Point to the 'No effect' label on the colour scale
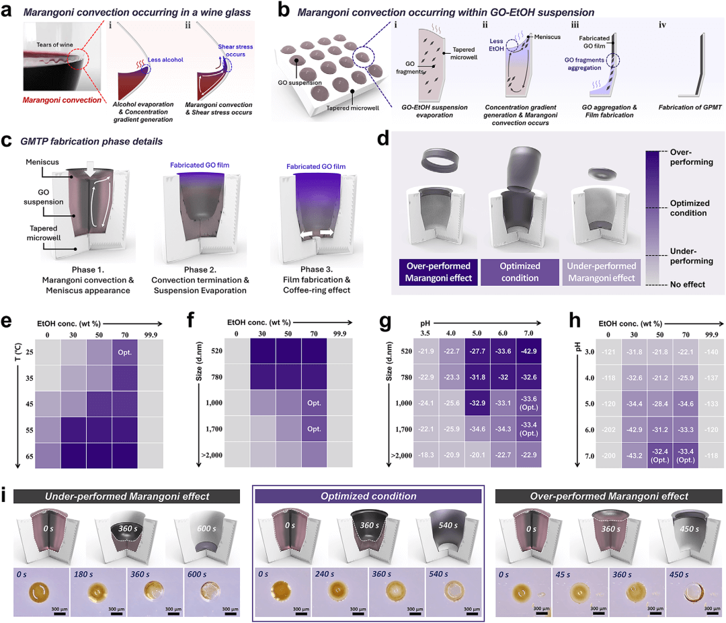coord(686,285)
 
